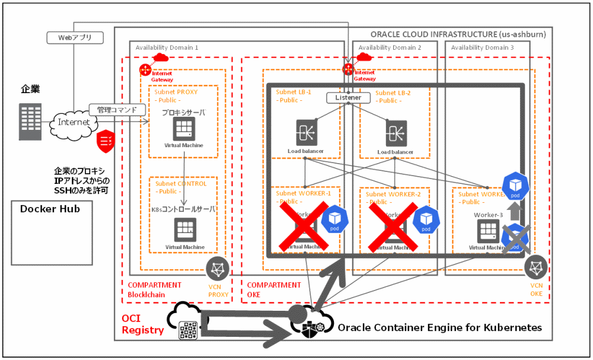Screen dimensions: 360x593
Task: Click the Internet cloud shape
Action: click(74, 122)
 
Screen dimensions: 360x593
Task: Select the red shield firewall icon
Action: click(106, 140)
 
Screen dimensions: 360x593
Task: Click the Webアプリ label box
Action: click(75, 38)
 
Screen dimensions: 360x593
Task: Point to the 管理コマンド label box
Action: click(117, 110)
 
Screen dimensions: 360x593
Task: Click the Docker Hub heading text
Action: click(50, 209)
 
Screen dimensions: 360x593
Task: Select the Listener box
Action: click(348, 97)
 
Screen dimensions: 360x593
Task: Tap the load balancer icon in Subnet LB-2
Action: click(396, 132)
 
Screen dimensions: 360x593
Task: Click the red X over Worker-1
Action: click(304, 227)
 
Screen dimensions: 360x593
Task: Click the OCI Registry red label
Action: click(142, 324)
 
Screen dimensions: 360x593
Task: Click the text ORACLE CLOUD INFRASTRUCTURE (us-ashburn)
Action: click(458, 34)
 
